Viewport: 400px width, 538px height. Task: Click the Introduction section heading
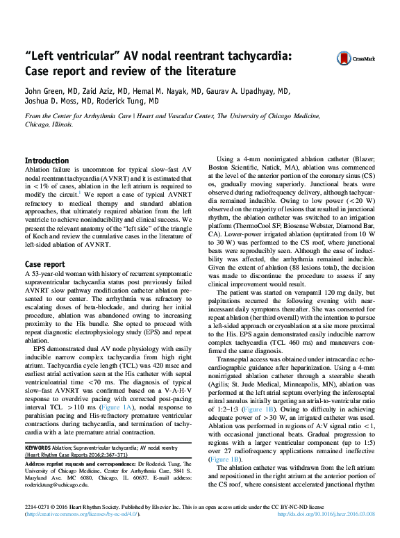click(x=47, y=161)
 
